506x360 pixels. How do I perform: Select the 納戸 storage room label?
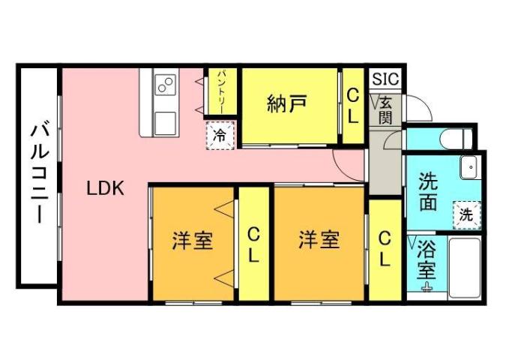[x=286, y=105]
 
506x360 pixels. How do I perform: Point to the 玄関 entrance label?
[x=385, y=109]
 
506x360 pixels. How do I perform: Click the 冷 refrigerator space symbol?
[x=220, y=135]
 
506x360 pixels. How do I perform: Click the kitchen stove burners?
[x=165, y=85]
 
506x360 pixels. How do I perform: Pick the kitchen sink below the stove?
[x=164, y=121]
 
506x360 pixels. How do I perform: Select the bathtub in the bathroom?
[x=466, y=266]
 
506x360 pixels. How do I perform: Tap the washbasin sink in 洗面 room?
[x=469, y=166]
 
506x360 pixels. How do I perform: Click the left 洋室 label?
[x=193, y=241]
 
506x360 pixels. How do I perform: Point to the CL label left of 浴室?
[x=385, y=249]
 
